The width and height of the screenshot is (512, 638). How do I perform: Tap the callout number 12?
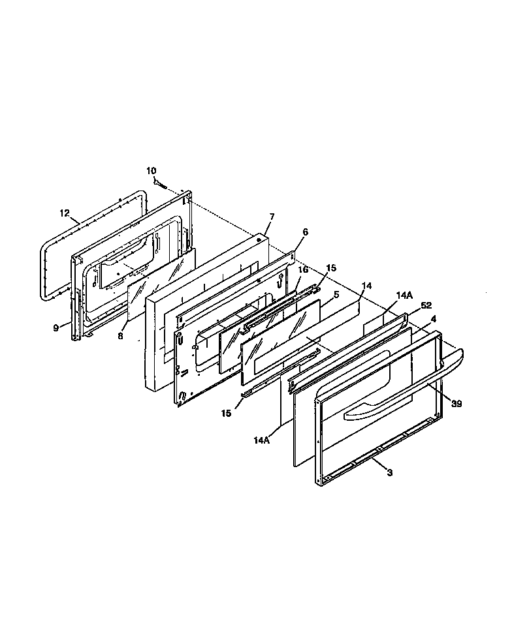click(x=64, y=213)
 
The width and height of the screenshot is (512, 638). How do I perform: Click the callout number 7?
click(x=272, y=216)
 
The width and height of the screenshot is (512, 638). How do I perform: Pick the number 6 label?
click(x=305, y=232)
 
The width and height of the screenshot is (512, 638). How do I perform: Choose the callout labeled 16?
click(x=303, y=269)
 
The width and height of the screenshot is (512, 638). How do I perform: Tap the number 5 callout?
click(x=336, y=295)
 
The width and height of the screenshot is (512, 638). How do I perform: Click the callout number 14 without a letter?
click(x=366, y=286)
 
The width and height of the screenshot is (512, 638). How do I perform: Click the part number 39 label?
click(x=456, y=404)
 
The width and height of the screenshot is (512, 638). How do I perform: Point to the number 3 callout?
click(x=390, y=473)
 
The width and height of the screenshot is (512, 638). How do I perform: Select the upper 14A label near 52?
click(x=404, y=296)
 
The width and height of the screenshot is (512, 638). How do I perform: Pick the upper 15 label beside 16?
click(x=331, y=268)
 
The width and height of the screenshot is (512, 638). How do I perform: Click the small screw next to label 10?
click(x=159, y=183)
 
